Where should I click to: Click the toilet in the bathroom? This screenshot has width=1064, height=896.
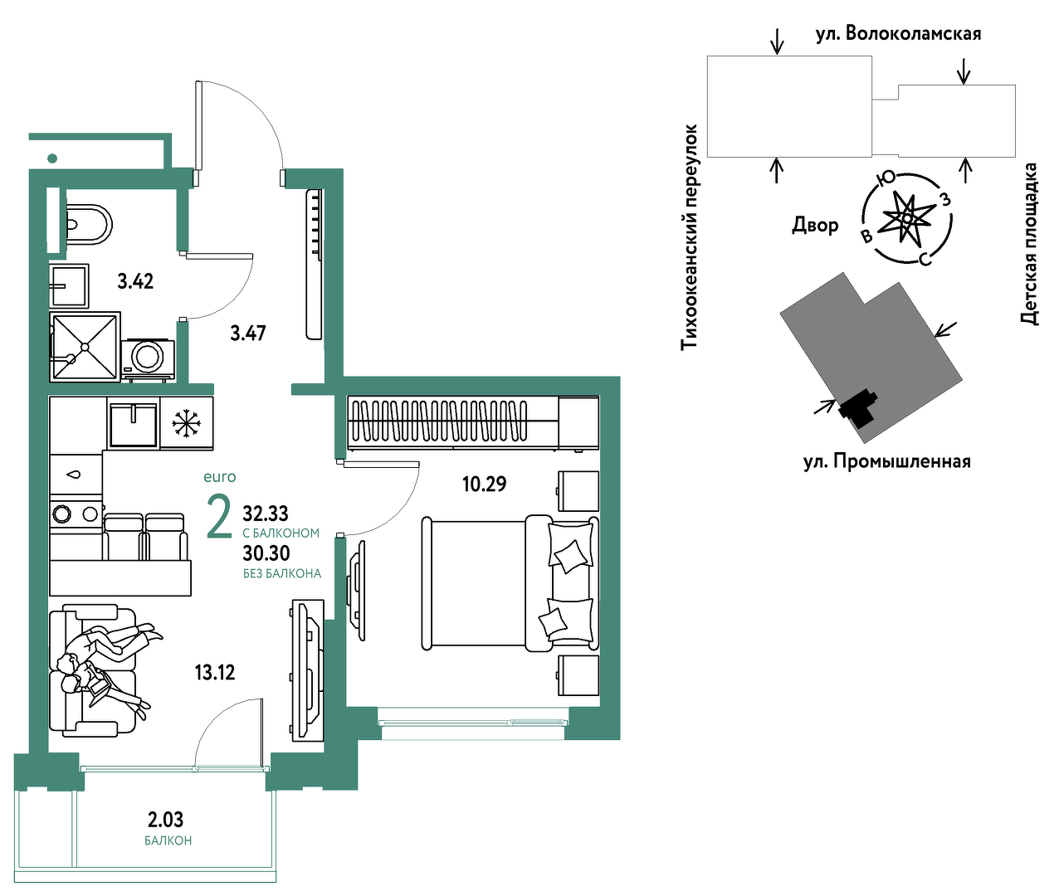pyautogui.click(x=88, y=225)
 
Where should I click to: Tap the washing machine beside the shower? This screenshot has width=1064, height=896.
pyautogui.click(x=147, y=358)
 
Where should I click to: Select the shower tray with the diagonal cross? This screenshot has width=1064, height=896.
pyautogui.click(x=85, y=347)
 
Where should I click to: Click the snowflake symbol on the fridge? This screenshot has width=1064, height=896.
pyautogui.click(x=187, y=423)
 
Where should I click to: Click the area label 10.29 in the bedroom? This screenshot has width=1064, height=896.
pyautogui.click(x=484, y=484)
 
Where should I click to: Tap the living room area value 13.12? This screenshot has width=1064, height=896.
pyautogui.click(x=214, y=672)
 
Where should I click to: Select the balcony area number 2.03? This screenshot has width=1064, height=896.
pyautogui.click(x=166, y=821)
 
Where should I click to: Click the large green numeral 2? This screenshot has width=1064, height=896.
pyautogui.click(x=219, y=517)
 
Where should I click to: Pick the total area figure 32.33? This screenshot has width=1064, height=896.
pyautogui.click(x=266, y=514)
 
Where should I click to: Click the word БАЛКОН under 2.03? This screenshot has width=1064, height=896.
pyautogui.click(x=168, y=841)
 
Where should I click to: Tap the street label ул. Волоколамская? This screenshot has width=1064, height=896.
pyautogui.click(x=898, y=35)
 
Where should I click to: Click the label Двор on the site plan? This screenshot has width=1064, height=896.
pyautogui.click(x=815, y=225)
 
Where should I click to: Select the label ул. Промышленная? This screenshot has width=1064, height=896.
pyautogui.click(x=886, y=462)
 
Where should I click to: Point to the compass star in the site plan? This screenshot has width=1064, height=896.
pyautogui.click(x=907, y=218)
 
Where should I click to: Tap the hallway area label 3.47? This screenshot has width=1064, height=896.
pyautogui.click(x=248, y=334)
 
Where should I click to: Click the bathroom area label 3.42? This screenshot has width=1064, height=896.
pyautogui.click(x=135, y=281)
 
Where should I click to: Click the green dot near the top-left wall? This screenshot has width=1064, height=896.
pyautogui.click(x=52, y=158)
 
